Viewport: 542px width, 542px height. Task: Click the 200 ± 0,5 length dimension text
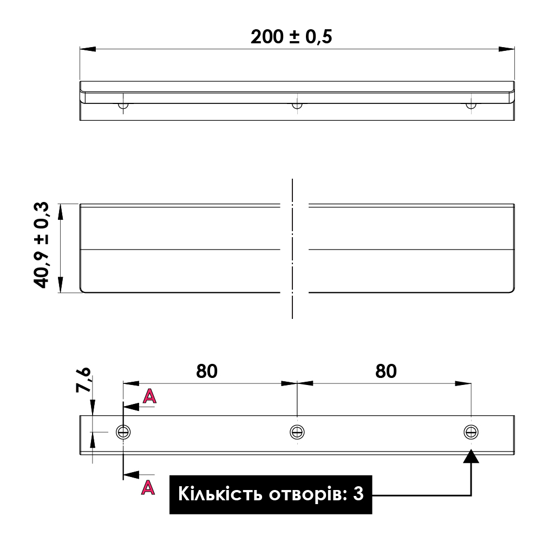(291, 37)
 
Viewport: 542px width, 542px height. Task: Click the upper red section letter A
(149, 397)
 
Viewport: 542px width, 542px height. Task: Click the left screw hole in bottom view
(123, 432)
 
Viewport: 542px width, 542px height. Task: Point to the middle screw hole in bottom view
(297, 432)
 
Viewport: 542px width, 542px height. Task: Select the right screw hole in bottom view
(471, 432)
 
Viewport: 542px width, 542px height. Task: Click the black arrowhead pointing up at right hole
(472, 456)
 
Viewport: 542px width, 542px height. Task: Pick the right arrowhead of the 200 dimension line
(507, 49)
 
